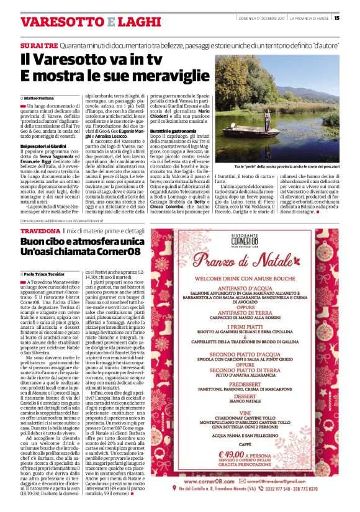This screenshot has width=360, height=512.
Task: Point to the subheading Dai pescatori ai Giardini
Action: coord(45,146)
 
